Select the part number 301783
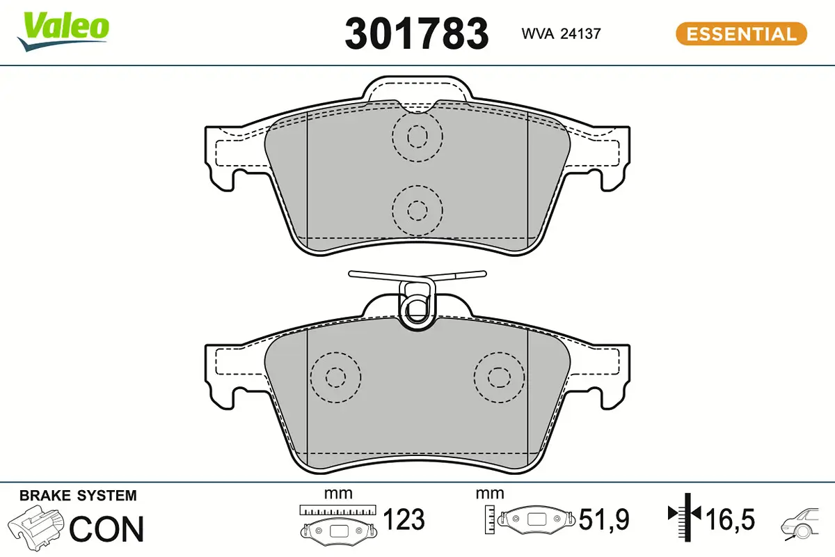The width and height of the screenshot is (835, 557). (417, 33)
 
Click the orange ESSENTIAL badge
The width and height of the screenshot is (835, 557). (741, 33)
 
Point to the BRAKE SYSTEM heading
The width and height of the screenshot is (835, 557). (78, 496)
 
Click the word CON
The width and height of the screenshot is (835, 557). (107, 528)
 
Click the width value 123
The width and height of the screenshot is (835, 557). (404, 519)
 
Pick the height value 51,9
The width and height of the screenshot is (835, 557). (605, 519)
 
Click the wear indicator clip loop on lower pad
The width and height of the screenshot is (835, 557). (417, 304)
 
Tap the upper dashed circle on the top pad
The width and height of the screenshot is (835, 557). (417, 136)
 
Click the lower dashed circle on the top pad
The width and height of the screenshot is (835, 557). (417, 210)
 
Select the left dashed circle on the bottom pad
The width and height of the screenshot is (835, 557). (336, 377)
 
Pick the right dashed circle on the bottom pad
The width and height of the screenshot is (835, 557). (498, 377)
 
